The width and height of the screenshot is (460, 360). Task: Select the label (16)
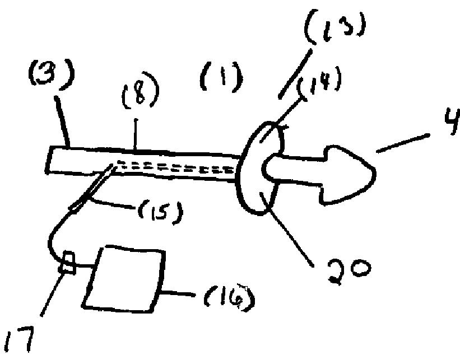(228, 301)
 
